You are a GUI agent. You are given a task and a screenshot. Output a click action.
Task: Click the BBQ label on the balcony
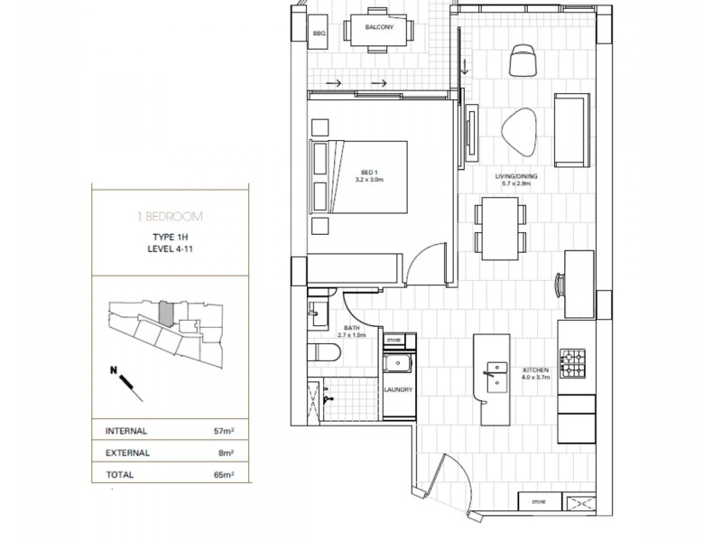pos(318,33)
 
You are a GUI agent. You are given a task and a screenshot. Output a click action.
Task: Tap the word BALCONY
pos(377,27)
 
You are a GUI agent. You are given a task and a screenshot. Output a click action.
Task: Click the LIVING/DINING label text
pos(515,178)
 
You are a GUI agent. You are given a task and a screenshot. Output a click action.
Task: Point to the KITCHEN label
pos(536,369)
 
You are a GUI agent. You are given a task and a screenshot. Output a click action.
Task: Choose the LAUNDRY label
pos(398,389)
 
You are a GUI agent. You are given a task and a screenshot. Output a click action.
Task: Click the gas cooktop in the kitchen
pos(574,364)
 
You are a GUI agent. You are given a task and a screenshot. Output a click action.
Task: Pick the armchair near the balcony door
pos(523,60)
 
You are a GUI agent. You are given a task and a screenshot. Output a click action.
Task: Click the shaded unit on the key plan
pos(165,313)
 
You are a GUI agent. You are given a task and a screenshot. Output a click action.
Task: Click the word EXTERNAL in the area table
pos(128,453)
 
